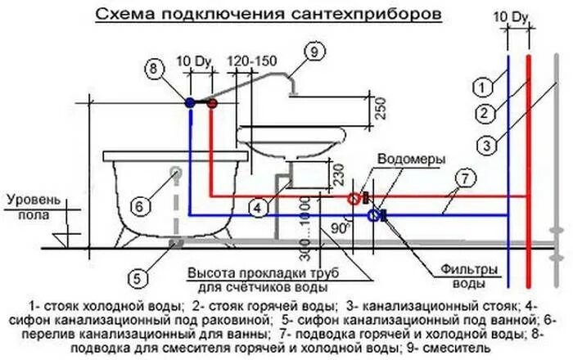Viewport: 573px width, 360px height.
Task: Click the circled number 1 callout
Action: (483, 84)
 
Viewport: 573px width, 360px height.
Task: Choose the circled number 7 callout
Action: (463, 178)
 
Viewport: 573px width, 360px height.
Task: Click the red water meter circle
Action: (354, 198)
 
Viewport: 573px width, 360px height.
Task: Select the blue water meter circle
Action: (373, 216)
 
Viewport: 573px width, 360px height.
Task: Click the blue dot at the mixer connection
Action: (190, 103)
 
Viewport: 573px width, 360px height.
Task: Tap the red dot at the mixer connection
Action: (212, 104)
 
